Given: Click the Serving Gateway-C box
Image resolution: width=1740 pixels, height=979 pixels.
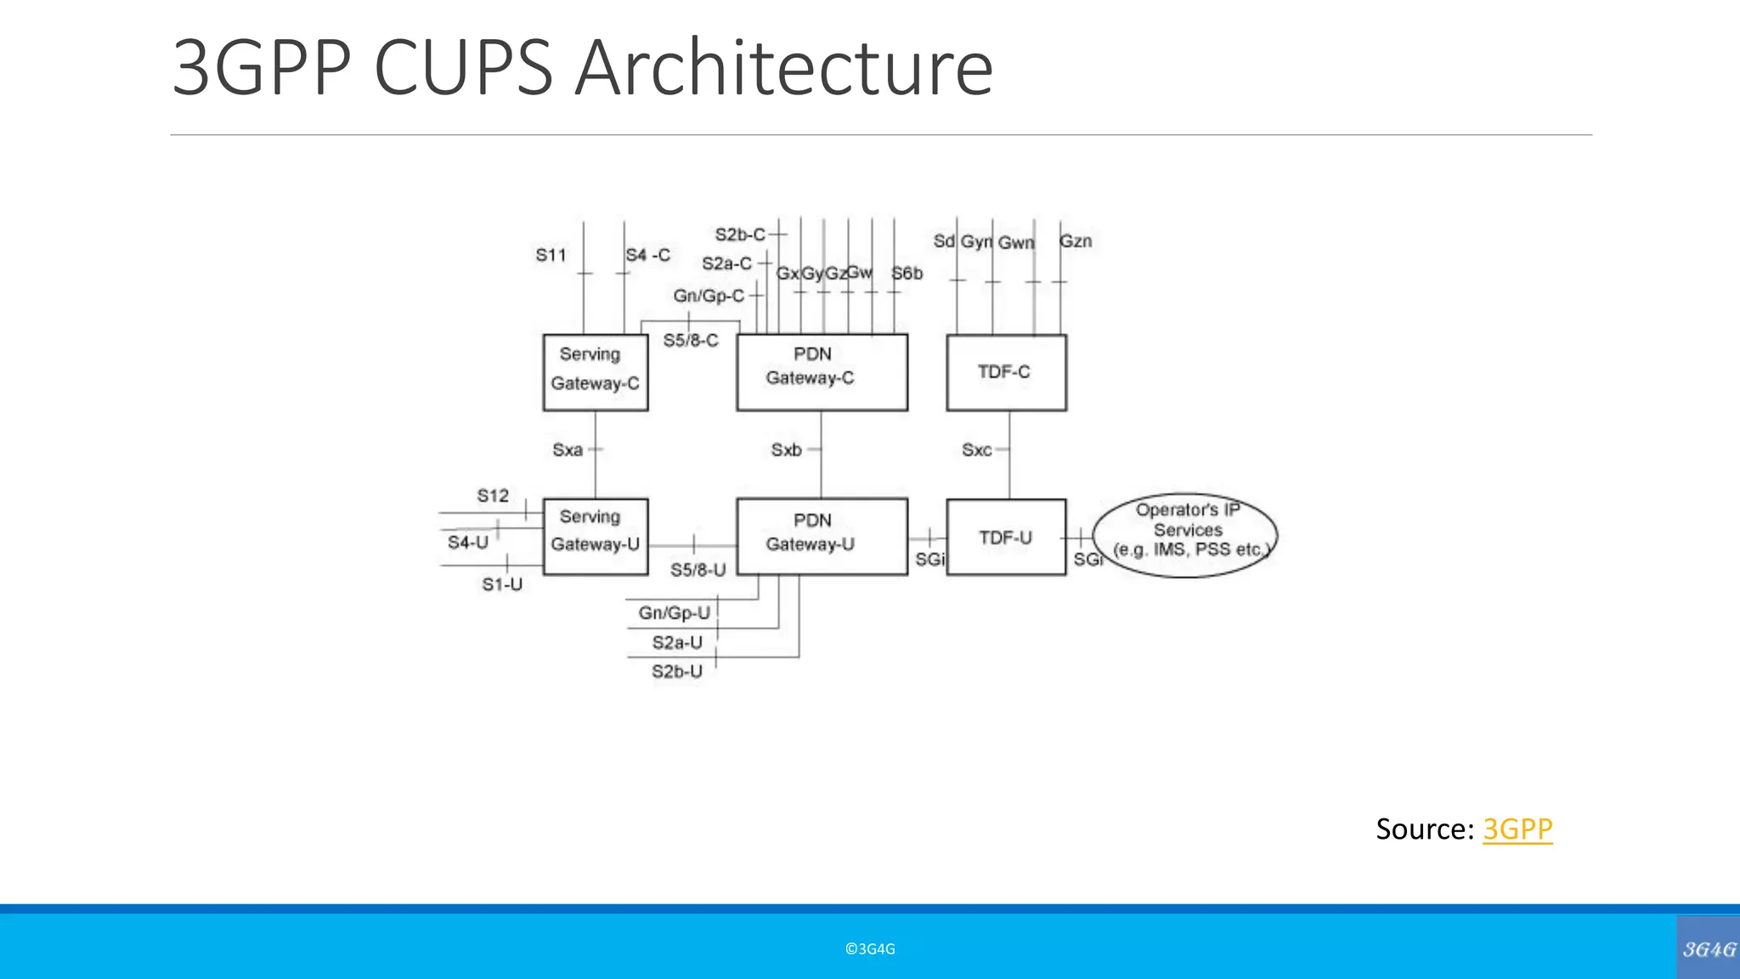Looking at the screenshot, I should click(x=595, y=372).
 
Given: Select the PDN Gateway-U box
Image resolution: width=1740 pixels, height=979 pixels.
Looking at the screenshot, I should click(x=821, y=536).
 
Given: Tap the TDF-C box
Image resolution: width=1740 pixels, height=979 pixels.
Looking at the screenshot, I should click(x=1006, y=372).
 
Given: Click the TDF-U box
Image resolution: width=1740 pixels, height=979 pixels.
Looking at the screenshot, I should click(x=1006, y=537).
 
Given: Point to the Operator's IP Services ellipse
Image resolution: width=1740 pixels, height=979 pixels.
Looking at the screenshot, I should click(x=1185, y=535).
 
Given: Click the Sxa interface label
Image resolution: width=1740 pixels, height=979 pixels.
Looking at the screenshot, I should click(x=568, y=450).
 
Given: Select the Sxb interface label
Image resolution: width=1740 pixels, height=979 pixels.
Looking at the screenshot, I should click(x=786, y=450).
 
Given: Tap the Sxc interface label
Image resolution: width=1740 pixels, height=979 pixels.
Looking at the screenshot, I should click(x=976, y=450).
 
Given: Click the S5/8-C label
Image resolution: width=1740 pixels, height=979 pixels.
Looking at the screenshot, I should click(x=690, y=341).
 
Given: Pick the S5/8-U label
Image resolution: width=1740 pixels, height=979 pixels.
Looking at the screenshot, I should click(x=698, y=570).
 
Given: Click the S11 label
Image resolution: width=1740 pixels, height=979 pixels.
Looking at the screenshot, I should click(x=551, y=255).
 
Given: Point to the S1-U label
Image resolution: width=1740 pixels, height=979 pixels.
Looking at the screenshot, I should click(x=501, y=585).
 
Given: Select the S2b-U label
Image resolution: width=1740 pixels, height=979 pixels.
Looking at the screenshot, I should click(x=676, y=671).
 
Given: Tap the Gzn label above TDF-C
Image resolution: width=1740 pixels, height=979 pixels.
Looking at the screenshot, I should click(x=1076, y=241).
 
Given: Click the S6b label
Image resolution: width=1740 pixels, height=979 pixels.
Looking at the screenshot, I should click(x=907, y=274).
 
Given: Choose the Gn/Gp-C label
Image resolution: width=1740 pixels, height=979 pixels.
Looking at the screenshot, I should click(x=708, y=296).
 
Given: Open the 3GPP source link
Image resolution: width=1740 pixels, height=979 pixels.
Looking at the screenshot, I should click(x=1517, y=829).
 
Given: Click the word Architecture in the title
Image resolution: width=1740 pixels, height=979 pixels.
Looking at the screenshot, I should click(x=782, y=68).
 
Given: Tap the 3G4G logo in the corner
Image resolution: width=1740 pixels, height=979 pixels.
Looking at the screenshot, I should click(x=1709, y=948).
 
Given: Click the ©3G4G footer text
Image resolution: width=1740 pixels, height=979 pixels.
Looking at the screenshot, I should click(x=870, y=949).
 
